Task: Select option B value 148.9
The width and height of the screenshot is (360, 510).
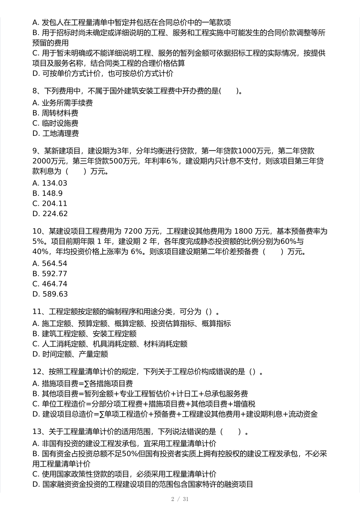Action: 52,193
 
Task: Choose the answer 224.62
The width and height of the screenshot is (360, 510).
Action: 55,214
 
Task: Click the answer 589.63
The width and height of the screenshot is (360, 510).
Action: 55,294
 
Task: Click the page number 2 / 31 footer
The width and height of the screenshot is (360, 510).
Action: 180,499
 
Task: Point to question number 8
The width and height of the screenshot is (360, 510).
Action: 35,91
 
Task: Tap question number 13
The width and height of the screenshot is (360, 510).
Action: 37,432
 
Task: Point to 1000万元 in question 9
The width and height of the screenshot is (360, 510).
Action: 255,151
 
